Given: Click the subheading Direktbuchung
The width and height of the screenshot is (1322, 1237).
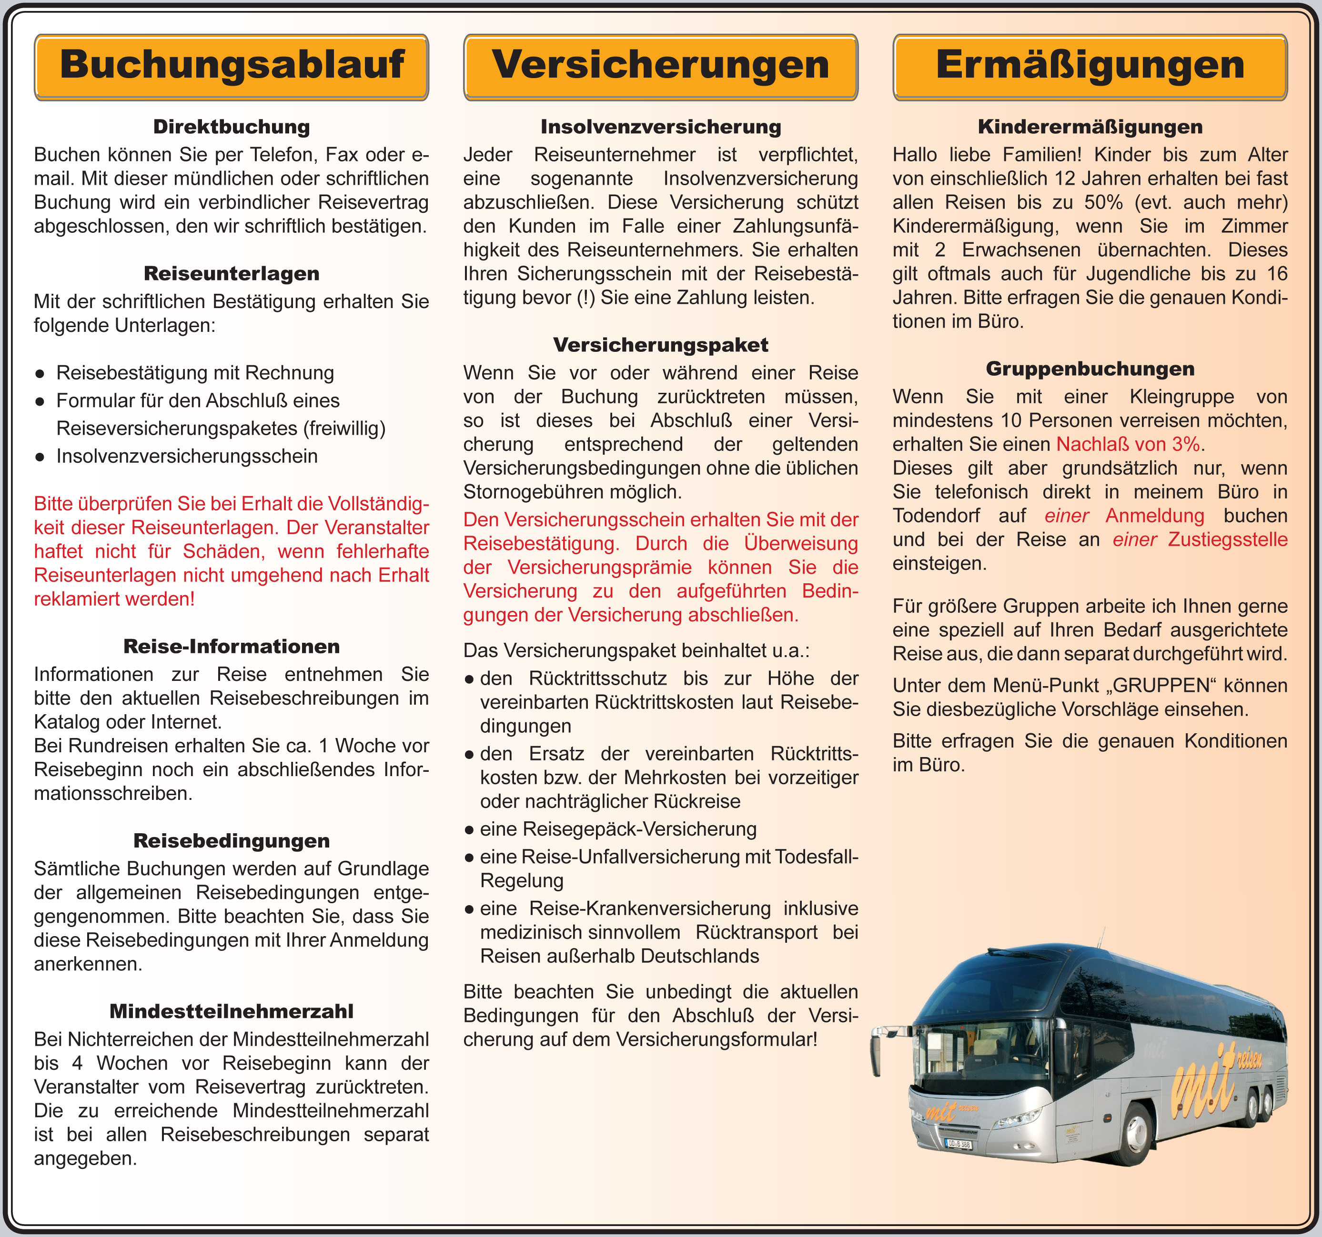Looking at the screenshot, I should [x=232, y=127].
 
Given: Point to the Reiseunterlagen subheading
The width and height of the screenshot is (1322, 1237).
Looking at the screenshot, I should [x=232, y=274].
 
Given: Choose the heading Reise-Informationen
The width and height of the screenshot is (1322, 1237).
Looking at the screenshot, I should [x=232, y=647].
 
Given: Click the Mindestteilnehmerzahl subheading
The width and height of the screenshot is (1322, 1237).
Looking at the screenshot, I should [x=232, y=1012].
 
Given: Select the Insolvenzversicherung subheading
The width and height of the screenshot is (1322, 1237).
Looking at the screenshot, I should [x=660, y=127].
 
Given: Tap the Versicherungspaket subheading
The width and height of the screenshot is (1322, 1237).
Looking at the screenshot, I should [x=660, y=345].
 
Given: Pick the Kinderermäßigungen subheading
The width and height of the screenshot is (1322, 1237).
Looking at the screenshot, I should [x=1090, y=127].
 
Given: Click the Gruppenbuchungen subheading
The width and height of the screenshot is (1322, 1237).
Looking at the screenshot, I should [x=1090, y=369].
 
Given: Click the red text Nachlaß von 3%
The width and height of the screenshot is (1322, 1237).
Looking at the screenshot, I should [x=1128, y=444].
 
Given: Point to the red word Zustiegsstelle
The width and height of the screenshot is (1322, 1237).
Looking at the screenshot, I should [x=1228, y=540].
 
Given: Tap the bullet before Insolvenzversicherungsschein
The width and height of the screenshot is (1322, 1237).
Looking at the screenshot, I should [x=40, y=457].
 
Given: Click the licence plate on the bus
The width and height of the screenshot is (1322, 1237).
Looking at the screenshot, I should [x=958, y=1145].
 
